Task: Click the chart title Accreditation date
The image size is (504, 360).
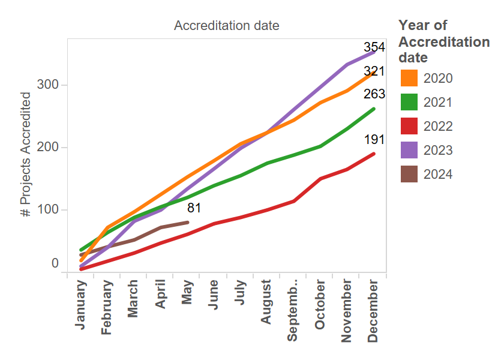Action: (x=226, y=26)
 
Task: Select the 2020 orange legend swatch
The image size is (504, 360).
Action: (x=409, y=78)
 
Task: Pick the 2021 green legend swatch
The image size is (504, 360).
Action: (x=409, y=102)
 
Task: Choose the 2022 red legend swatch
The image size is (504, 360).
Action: (x=409, y=126)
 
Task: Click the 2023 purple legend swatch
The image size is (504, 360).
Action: (x=409, y=150)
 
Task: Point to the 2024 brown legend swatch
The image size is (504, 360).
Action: (x=409, y=174)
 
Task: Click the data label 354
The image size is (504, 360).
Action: (x=374, y=48)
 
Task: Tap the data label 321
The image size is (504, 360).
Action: (x=374, y=72)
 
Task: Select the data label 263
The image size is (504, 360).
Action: (x=374, y=94)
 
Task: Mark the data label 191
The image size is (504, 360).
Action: (x=374, y=140)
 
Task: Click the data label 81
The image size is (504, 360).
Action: (x=194, y=208)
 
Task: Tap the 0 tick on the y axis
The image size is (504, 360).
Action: (x=55, y=263)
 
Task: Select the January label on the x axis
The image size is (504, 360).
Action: (x=80, y=306)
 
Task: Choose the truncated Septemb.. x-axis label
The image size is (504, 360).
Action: (x=293, y=310)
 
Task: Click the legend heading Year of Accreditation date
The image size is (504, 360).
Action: (x=444, y=41)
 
